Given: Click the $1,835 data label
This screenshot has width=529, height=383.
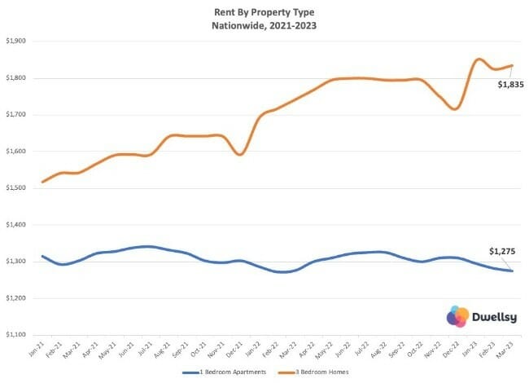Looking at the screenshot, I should (511, 85).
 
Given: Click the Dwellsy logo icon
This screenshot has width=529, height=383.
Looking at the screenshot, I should (458, 316).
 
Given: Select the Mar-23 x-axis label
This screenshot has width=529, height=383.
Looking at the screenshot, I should (505, 348).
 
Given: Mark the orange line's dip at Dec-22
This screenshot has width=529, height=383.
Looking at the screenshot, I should (456, 108).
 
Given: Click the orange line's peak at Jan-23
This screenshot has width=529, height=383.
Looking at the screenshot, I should (478, 59).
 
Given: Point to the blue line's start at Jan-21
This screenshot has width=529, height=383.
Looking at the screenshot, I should (42, 256).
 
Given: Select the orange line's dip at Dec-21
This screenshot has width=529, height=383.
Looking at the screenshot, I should (240, 154).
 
